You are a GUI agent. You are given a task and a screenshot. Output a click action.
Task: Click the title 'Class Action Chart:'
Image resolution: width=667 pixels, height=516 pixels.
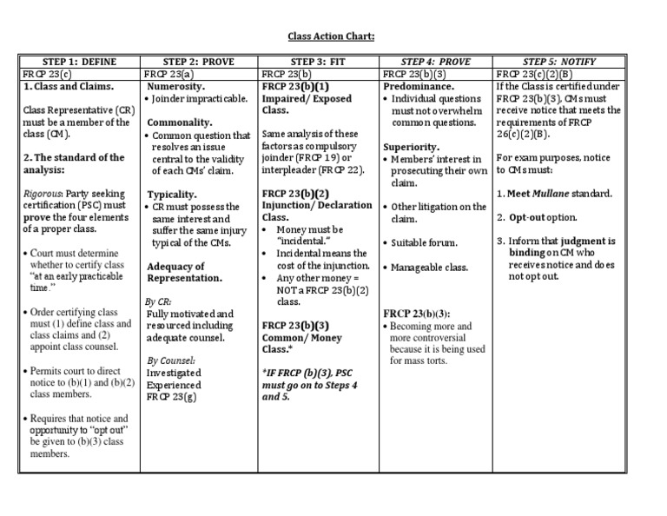point(333,36)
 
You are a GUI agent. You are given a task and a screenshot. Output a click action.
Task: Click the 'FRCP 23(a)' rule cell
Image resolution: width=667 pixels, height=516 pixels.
point(169,75)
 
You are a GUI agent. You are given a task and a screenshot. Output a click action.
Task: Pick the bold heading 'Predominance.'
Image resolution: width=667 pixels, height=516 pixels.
point(419,87)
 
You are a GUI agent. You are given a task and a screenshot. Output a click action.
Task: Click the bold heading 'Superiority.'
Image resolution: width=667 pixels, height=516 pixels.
point(411,147)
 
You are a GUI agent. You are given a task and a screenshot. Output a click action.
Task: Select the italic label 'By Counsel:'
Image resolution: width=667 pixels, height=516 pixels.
point(171,359)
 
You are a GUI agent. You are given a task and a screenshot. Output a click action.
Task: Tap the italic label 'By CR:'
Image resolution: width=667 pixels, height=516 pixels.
point(159,301)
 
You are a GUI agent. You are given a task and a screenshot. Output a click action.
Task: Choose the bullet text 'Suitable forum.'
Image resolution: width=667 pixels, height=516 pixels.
point(424,242)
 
